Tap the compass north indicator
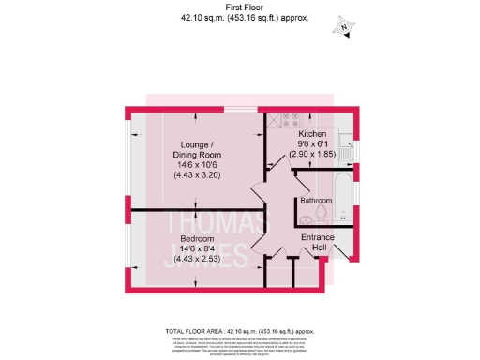(345, 27)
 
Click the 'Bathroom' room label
(316, 201)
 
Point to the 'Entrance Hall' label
(317, 244)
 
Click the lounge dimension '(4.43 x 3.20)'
(195, 175)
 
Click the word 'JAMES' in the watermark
(202, 255)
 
